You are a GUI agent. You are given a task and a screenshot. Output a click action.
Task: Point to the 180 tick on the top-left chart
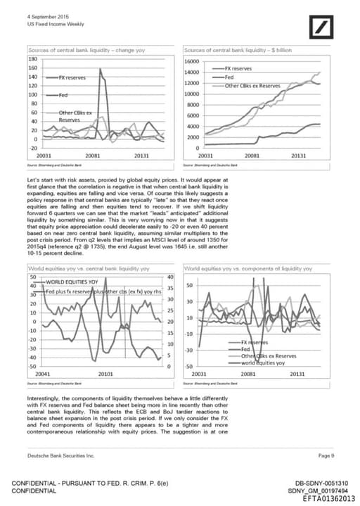32,59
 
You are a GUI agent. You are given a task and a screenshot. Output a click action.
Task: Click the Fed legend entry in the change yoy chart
63,94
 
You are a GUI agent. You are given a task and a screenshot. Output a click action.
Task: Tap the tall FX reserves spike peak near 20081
101,69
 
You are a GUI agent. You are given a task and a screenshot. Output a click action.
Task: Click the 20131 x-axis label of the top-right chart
298,155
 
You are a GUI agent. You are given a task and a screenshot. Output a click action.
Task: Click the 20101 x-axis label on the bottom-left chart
105,374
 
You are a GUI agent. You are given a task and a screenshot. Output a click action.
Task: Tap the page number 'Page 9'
326,456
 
